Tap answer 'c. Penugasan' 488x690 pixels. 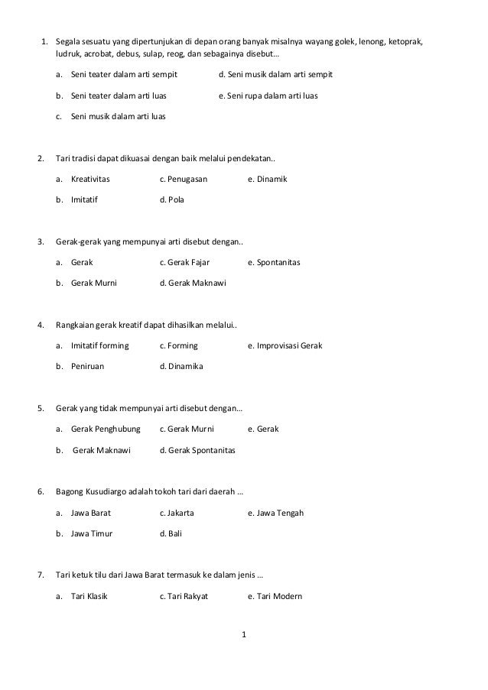[x=184, y=179]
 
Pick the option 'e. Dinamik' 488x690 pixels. [x=268, y=179]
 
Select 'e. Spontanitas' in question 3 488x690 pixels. [x=275, y=262]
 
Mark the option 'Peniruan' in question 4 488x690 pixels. [x=87, y=367]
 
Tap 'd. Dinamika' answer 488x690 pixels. [x=181, y=367]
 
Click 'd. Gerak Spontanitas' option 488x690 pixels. [x=197, y=450]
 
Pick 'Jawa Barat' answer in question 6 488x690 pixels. [x=90, y=512]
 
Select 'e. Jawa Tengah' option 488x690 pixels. [x=276, y=512]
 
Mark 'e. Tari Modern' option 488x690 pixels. [x=275, y=595]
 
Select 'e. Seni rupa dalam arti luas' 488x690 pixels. [x=268, y=96]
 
